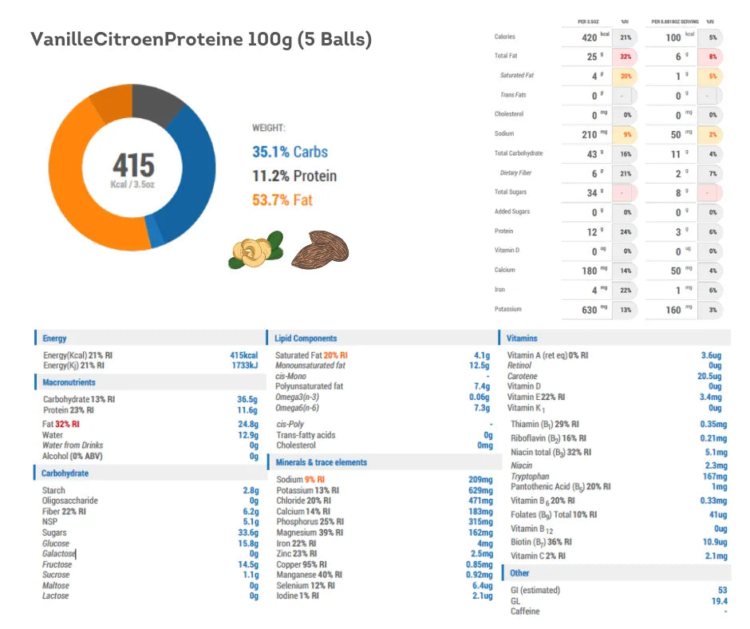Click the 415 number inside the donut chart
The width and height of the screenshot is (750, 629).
[133, 165]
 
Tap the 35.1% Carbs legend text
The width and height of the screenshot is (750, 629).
[290, 152]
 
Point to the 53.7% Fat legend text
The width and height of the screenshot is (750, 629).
[282, 200]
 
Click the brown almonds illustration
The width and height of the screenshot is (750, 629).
[320, 250]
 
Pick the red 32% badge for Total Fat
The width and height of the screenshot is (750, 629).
[625, 57]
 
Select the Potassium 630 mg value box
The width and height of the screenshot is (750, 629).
[586, 309]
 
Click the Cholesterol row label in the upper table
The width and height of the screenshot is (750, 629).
[509, 114]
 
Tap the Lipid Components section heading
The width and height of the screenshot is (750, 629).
[306, 338]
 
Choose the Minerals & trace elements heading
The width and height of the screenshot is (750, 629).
[321, 462]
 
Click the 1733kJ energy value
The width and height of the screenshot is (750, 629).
[244, 365]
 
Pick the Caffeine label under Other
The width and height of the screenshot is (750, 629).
[525, 611]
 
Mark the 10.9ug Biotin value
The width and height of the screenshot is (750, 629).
[711, 542]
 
